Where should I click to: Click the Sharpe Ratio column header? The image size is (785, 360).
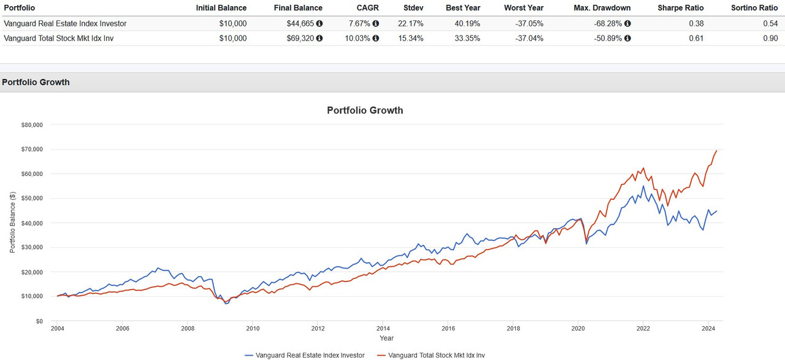pos(681,8)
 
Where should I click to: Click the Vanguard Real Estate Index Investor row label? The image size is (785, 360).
pos(65,23)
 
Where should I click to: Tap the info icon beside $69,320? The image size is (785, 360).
pos(320,38)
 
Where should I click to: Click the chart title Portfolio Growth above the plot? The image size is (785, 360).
pos(365,110)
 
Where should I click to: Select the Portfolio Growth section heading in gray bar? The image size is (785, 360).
pos(36,82)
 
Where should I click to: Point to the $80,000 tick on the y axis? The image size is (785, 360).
pos(31,124)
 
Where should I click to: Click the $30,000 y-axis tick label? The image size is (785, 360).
pos(31,247)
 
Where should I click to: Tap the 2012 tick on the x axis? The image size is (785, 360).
pos(318,328)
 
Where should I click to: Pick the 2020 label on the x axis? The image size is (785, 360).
pos(578,328)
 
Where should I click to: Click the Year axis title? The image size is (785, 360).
pos(386,338)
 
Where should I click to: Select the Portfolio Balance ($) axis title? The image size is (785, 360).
pos(12,223)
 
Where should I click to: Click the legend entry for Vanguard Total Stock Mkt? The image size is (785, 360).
pos(433,355)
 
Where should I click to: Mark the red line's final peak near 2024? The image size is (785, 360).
pos(716,150)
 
